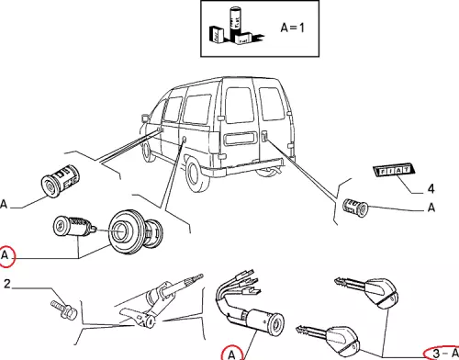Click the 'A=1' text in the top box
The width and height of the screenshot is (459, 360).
coord(292,28)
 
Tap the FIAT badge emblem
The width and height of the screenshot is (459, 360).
coord(394,170)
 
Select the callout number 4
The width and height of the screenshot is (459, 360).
coord(431,188)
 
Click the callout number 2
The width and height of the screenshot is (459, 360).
coord(7,284)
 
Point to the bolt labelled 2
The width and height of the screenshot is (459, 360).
coord(63,309)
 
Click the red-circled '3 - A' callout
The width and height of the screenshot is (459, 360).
coord(442,353)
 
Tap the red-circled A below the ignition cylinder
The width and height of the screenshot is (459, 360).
coord(231,354)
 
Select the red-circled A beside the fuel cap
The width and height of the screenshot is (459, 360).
coord(6,256)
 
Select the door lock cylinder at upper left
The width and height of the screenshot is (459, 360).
coord(61,181)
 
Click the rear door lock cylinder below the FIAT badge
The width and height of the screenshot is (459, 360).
coord(355,208)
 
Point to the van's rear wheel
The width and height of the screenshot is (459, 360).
coord(195,174)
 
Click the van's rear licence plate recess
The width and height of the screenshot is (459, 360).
coord(239,138)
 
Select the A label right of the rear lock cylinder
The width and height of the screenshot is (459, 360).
coord(431,208)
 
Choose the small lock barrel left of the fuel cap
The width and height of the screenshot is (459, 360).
coord(74,227)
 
